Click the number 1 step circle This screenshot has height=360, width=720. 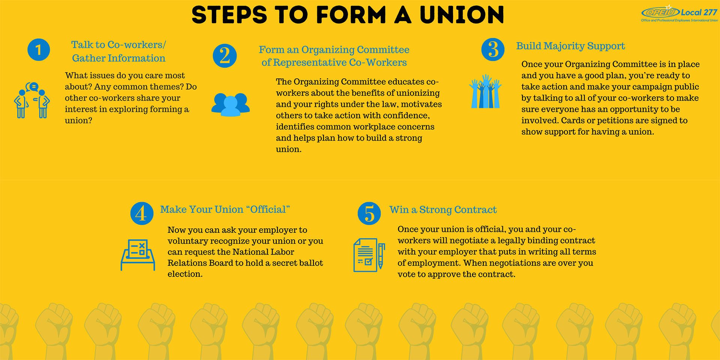pos(39,49)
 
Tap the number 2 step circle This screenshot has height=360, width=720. pos(225,56)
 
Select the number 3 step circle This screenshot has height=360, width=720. pos(493,49)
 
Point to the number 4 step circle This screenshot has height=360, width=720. pos(142,213)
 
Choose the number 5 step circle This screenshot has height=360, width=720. pos(369,213)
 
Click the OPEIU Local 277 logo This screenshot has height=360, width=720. pos(679,14)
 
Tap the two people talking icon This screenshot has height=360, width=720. pos(32,100)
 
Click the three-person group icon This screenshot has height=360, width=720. pos(231,104)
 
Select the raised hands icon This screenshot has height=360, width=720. pos(486,91)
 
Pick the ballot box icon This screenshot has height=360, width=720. pos(138,255)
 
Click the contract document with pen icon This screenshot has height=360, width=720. pos(369,255)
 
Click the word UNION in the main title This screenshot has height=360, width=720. pos(462,15)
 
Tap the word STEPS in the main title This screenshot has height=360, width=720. pos(229,15)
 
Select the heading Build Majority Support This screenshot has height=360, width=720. pos(570,46)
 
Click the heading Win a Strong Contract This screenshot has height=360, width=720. pos(443,210)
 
